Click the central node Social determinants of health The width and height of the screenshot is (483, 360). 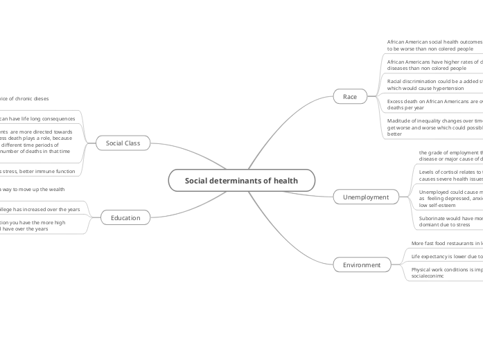click(x=241, y=181)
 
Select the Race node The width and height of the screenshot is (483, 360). click(x=350, y=96)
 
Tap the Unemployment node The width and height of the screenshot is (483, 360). click(x=366, y=197)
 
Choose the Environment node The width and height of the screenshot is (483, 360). click(x=362, y=264)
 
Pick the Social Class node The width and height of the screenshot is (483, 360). click(x=123, y=143)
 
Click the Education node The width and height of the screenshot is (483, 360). click(x=125, y=217)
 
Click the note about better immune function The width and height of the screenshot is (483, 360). click(x=38, y=170)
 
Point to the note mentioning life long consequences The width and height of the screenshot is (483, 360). click(x=38, y=118)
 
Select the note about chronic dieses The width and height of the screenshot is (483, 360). click(x=24, y=98)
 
